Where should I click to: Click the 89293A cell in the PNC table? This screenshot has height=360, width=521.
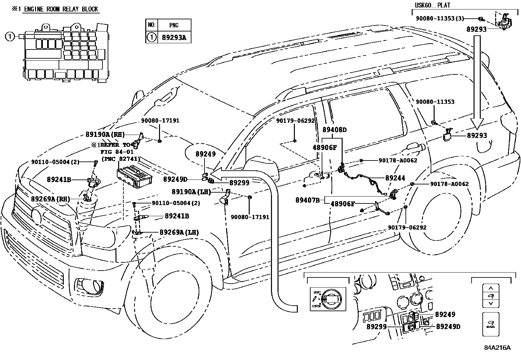coord(174,37)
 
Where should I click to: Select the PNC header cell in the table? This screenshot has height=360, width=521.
coord(174,25)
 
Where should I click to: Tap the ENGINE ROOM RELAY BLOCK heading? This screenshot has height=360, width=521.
coord(60,9)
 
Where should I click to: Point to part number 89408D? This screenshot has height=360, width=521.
coord(334,130)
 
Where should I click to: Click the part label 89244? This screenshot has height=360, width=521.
coord(395,178)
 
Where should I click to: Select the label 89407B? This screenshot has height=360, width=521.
coord(307,200)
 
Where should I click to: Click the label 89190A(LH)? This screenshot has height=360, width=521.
coord(191,192)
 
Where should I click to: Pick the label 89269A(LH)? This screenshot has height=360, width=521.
coord(179,232)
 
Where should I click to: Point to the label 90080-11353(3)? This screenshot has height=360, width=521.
coord(440,19)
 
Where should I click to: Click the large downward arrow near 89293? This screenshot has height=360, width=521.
coord(477,82)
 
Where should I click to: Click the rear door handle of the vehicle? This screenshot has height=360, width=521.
coord(414,149)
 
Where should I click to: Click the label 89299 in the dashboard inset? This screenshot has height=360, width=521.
coord(376,327)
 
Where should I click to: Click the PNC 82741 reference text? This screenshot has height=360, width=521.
coord(121,159)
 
